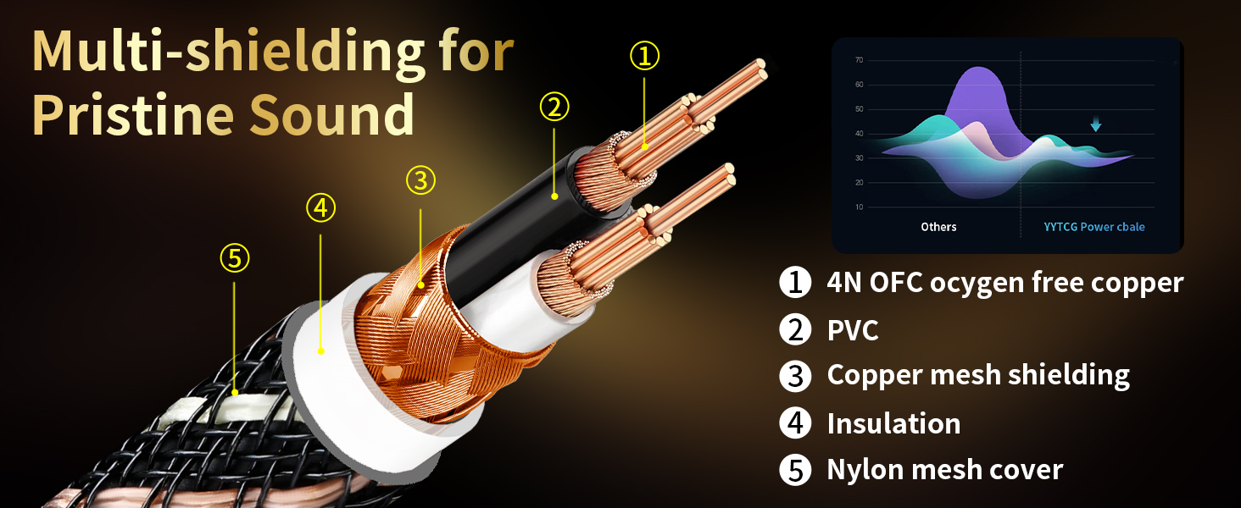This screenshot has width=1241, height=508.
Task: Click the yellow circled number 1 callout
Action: pos(644,55)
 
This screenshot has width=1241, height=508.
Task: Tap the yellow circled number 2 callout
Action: pos(554,107)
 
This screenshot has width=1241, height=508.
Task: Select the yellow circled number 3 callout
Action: pos(420,180)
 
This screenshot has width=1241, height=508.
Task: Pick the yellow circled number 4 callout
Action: pos(320,208)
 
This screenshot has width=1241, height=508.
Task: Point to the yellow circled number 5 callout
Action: pos(234,258)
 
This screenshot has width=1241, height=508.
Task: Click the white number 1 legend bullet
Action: pos(795,282)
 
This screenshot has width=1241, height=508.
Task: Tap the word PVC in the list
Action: pos(853,330)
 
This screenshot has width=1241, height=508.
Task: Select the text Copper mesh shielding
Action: pos(978,375)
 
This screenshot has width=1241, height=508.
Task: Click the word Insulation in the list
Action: pos(893,423)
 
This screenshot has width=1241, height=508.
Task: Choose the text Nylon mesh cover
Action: pos(945,469)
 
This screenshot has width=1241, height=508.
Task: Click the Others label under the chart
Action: pos(938,227)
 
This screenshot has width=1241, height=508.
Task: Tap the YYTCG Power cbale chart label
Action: pos(1094,227)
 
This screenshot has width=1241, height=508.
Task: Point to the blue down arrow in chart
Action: pos(1096,124)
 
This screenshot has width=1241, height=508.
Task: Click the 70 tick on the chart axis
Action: pos(860,60)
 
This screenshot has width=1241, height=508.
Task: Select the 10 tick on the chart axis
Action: pos(860,207)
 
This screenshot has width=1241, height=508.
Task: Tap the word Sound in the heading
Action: pos(331,114)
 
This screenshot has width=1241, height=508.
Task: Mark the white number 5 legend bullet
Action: pos(795,470)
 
